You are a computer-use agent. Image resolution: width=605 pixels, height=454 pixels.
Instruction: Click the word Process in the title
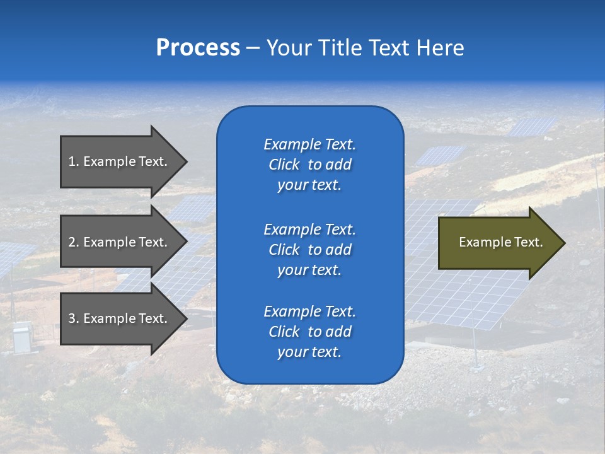click(198, 48)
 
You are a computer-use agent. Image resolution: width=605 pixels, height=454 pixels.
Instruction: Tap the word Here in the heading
click(439, 48)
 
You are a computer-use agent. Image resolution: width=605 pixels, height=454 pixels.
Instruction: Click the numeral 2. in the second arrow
click(74, 242)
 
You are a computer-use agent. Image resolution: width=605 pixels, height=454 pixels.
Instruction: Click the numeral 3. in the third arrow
click(74, 319)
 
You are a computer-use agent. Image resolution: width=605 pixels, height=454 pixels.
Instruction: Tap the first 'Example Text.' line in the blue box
click(309, 144)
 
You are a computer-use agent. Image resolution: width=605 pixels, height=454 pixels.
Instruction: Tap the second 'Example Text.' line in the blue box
click(309, 229)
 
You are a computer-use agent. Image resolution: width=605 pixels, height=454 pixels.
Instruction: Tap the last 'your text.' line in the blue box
click(309, 352)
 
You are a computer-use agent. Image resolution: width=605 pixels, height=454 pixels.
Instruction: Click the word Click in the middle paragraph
click(284, 250)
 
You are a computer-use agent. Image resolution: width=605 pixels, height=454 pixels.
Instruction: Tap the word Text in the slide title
click(388, 48)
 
